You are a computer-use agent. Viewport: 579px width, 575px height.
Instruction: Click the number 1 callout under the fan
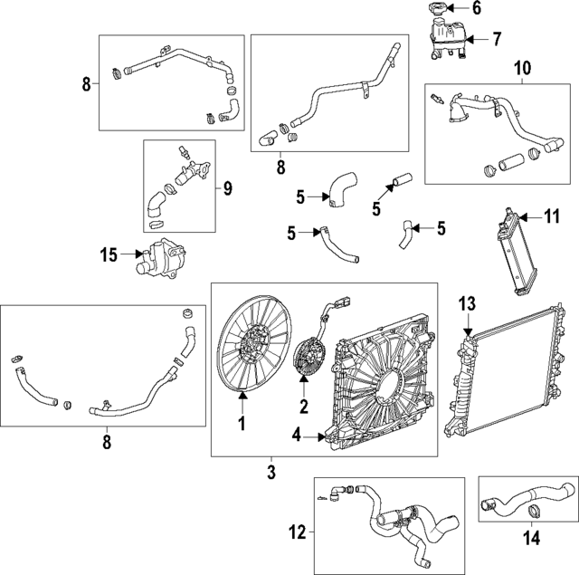[242, 423]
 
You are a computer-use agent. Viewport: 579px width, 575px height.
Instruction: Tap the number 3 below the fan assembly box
[271, 472]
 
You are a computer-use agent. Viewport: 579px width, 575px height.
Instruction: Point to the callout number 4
[296, 436]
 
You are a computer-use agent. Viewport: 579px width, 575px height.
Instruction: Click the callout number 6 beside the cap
[477, 9]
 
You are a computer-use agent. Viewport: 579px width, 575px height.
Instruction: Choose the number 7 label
[496, 38]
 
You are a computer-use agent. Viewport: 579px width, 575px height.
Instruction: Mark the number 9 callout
[228, 188]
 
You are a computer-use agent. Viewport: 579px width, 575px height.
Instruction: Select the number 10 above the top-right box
[523, 69]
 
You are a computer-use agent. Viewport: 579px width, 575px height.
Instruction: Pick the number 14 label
[532, 538]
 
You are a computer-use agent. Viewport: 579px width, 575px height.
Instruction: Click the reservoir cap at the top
[436, 12]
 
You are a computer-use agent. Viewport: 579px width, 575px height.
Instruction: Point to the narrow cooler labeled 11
[511, 253]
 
